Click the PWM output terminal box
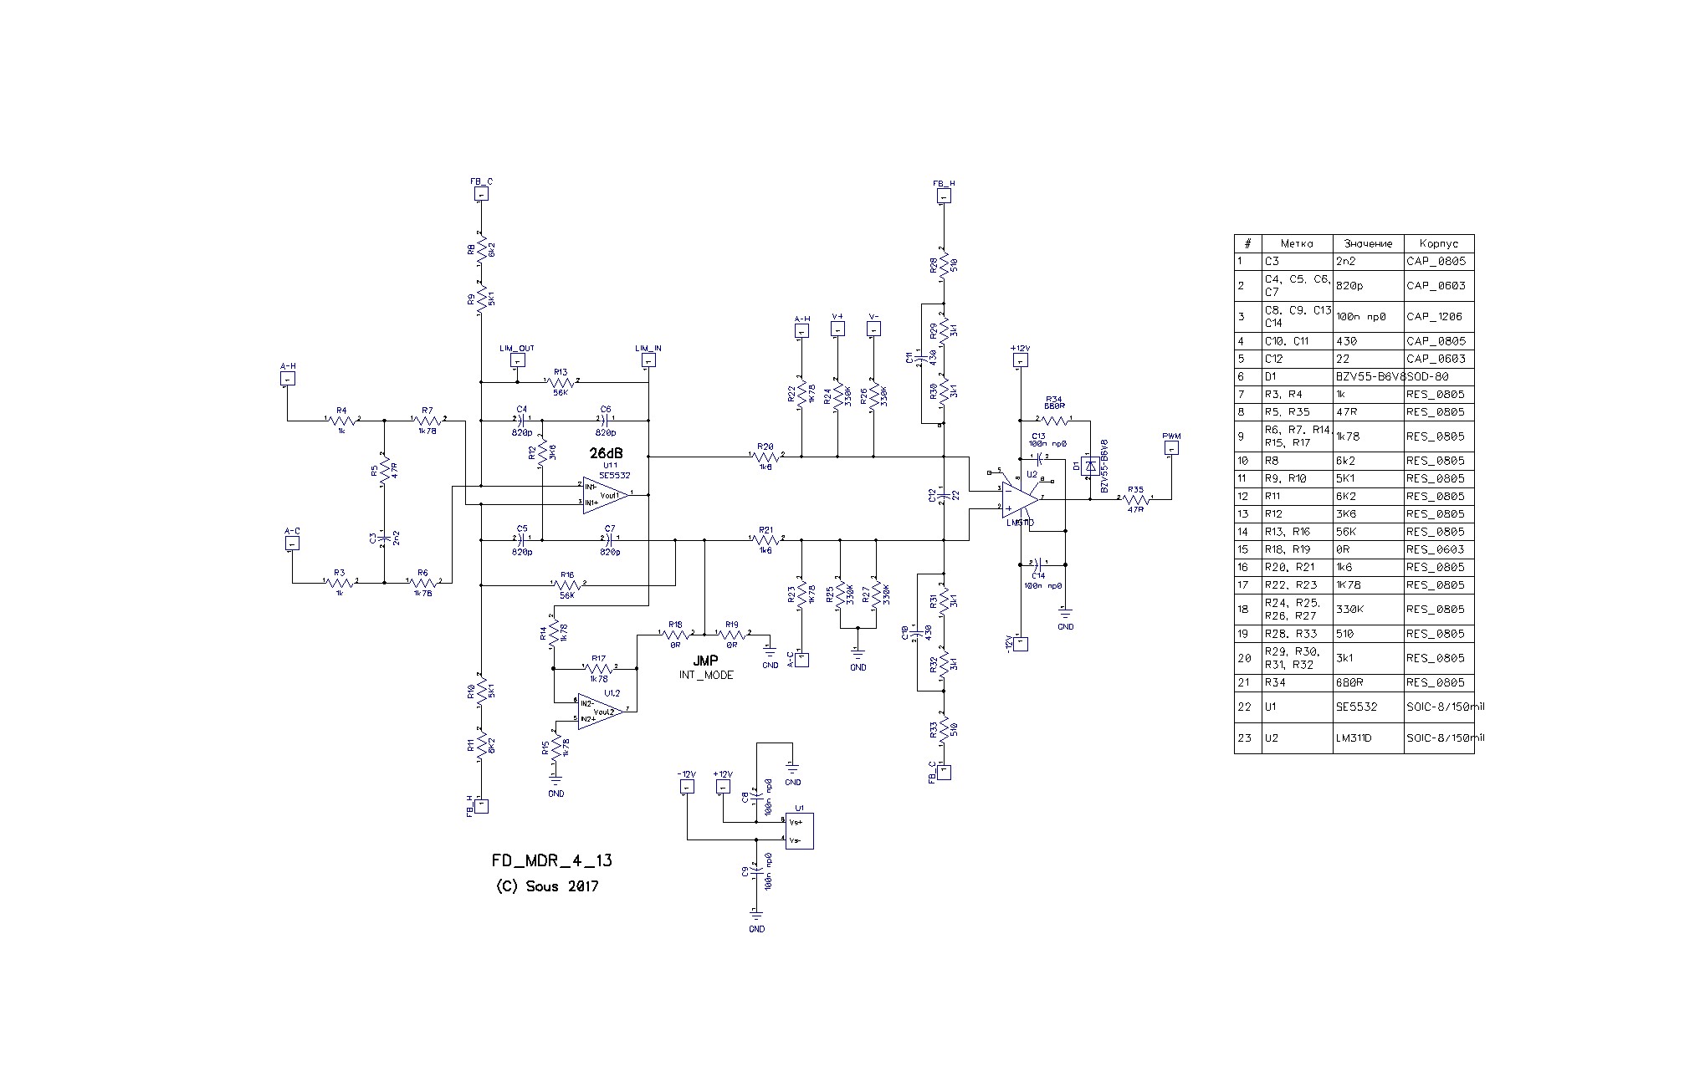(1171, 449)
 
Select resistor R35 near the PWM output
(1135, 498)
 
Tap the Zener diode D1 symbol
(1089, 466)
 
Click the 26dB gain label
(606, 452)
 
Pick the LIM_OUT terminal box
(517, 360)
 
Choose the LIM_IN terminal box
(648, 360)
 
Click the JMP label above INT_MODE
(705, 661)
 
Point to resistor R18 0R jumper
(675, 635)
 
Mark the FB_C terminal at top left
(481, 194)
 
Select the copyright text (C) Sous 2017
(547, 886)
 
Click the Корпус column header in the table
(1438, 243)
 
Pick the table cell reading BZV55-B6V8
(1368, 376)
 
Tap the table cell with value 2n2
(1368, 261)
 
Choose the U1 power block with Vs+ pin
(799, 831)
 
